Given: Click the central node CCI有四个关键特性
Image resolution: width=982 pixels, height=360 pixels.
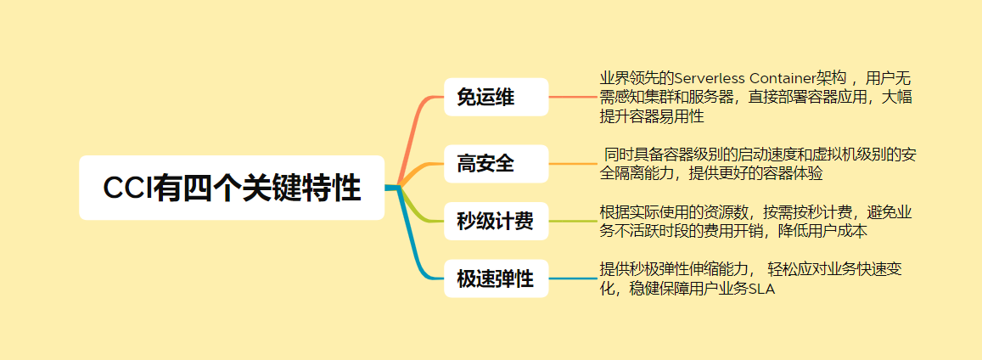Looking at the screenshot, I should (x=232, y=188).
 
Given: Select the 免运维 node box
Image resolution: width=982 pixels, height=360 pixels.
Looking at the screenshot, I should (x=497, y=97).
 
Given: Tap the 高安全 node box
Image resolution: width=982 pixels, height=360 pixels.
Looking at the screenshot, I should (x=497, y=163).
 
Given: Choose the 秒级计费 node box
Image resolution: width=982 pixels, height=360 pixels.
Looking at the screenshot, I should (x=497, y=222).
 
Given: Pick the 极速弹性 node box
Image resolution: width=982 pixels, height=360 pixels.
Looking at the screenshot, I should (x=497, y=278).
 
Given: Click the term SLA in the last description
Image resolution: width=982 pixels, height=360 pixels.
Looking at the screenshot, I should (x=761, y=289).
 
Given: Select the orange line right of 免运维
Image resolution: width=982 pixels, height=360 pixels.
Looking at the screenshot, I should (x=574, y=97).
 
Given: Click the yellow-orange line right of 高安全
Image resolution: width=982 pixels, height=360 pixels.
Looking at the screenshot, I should (x=574, y=163).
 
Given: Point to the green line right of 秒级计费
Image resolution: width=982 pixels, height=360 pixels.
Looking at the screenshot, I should (x=574, y=222).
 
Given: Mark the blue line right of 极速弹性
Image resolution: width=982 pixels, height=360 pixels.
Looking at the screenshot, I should (x=574, y=278).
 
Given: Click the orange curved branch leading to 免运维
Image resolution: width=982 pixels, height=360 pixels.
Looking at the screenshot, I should (x=418, y=127).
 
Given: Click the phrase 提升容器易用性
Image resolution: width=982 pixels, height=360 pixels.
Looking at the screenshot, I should (x=652, y=116).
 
